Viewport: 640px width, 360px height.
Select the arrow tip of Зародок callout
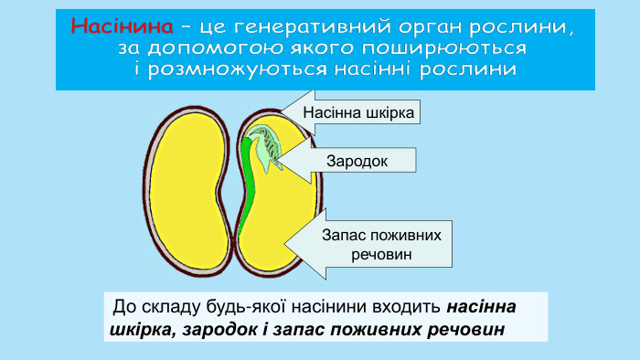275,161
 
